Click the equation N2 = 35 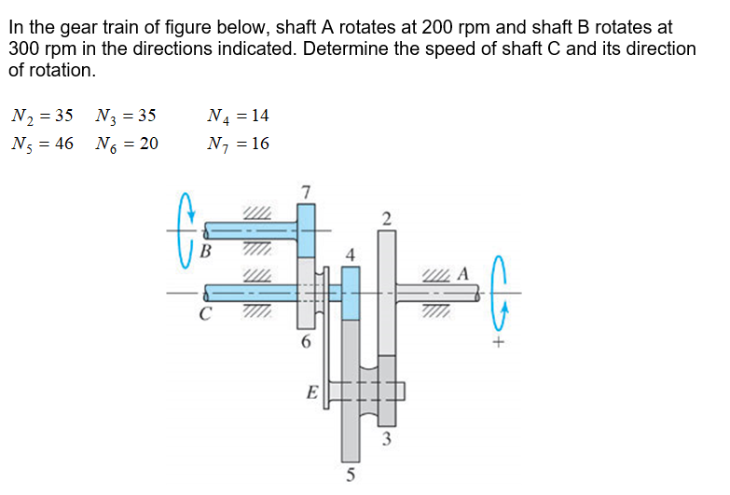click(x=41, y=117)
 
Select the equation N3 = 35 click(x=126, y=117)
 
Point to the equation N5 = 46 click(x=41, y=144)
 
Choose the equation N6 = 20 click(x=126, y=144)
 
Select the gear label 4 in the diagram click(x=351, y=254)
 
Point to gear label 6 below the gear click(x=306, y=342)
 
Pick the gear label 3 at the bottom click(x=385, y=438)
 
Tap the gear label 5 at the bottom click(x=351, y=475)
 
